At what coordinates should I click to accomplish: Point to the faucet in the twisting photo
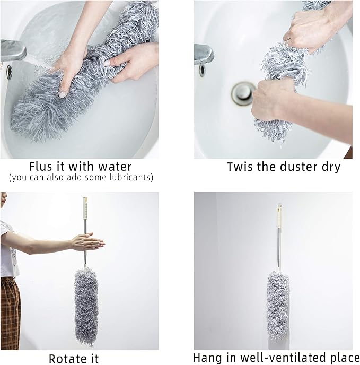[204, 54]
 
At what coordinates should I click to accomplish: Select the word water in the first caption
[114, 167]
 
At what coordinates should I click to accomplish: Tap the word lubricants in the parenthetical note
[126, 177]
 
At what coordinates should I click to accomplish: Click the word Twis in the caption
[239, 167]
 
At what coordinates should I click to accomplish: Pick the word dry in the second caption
[329, 167]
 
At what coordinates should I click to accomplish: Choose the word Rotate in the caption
[64, 358]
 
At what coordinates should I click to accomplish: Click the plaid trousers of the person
[10, 313]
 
